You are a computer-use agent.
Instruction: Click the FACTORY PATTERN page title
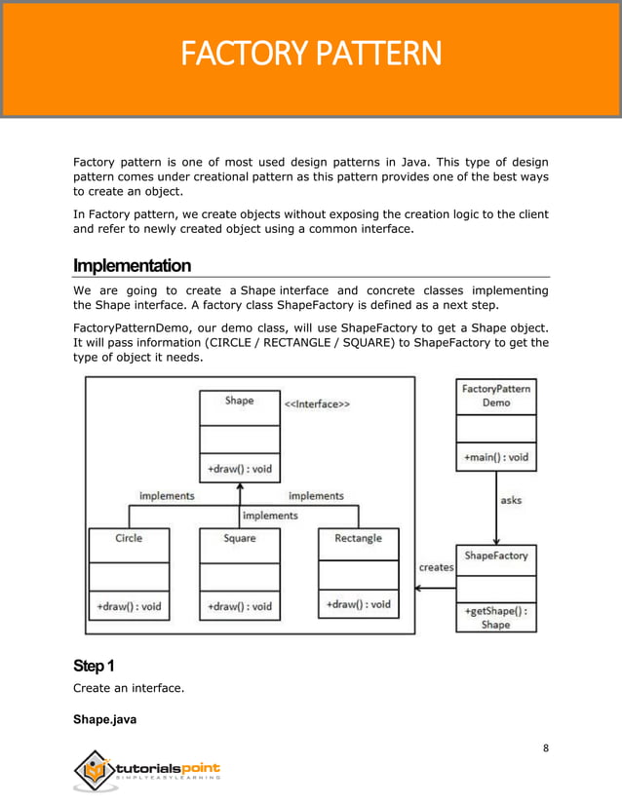click(x=311, y=54)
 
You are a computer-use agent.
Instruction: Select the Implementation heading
click(x=132, y=266)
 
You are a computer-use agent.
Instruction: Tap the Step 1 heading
click(x=94, y=666)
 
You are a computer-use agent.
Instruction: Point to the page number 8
click(x=546, y=747)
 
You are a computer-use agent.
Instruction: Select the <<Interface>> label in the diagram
click(x=317, y=402)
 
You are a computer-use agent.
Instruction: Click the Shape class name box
click(x=239, y=401)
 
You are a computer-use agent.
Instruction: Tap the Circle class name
click(x=129, y=538)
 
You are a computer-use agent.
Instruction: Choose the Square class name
click(x=239, y=538)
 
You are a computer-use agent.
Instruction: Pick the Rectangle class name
click(x=359, y=538)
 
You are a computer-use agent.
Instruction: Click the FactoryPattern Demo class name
click(x=495, y=396)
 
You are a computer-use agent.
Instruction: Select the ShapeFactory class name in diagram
click(x=495, y=556)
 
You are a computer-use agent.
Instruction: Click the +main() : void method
click(x=495, y=456)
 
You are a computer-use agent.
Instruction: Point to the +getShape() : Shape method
click(x=495, y=618)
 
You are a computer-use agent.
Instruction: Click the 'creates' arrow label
click(x=436, y=567)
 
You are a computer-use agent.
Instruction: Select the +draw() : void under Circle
click(x=129, y=606)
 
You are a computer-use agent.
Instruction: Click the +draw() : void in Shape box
click(x=239, y=469)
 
